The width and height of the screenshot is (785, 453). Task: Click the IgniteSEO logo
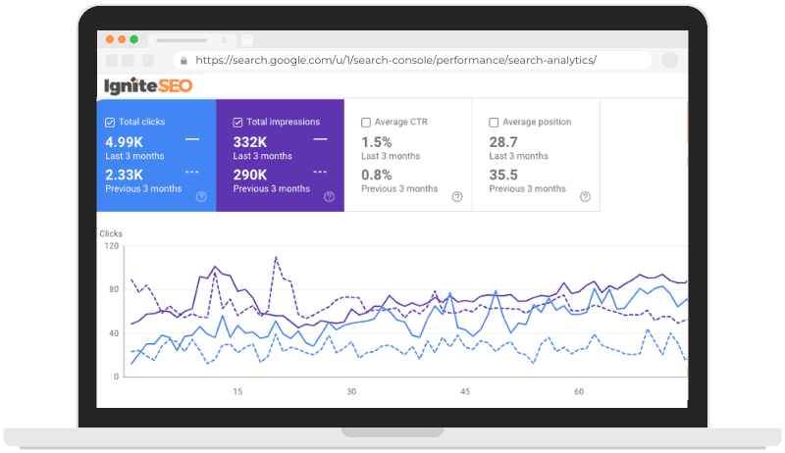point(149,86)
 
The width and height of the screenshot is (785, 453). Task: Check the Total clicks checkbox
point(110,123)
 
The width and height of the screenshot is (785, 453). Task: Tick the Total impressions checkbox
point(238,123)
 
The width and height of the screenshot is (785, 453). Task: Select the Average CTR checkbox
point(366,123)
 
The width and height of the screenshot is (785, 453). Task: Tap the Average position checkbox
point(494,123)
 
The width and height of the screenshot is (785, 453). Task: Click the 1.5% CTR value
point(376,141)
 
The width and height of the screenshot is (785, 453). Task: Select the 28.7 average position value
point(503,141)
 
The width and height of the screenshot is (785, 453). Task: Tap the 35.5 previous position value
point(503,174)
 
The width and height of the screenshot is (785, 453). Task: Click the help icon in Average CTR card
point(457,196)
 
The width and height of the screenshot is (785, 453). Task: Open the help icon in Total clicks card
point(201,196)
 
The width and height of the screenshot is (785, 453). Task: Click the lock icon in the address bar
point(181,61)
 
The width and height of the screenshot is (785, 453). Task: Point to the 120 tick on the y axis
point(112,246)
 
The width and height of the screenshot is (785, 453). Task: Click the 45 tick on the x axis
point(465,391)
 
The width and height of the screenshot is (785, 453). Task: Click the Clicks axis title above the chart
point(111,233)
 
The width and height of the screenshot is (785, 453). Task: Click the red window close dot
point(109,39)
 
